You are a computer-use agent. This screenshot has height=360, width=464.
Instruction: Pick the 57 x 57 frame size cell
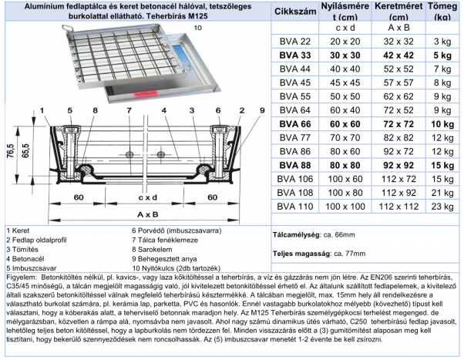click(390, 82)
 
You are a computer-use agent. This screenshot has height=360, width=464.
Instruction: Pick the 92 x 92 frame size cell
click(390, 165)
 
